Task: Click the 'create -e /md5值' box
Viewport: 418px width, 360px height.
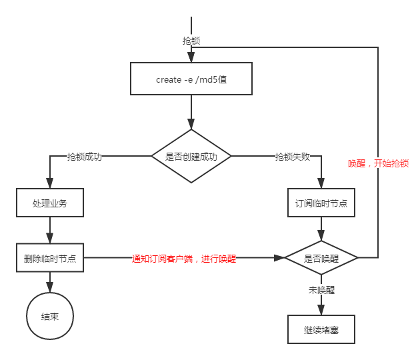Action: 191,79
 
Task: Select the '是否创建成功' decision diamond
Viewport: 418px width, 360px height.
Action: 191,157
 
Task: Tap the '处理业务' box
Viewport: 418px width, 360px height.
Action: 50,203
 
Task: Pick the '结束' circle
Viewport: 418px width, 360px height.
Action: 50,316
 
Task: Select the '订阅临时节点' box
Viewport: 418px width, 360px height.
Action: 321,203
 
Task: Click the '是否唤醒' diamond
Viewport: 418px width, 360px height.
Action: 321,257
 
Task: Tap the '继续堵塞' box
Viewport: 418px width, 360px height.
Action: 321,329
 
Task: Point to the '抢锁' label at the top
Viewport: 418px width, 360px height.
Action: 191,40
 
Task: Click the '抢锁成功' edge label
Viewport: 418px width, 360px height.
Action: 84,157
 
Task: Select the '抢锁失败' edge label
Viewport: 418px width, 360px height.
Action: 293,157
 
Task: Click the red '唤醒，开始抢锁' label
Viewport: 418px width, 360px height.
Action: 378,163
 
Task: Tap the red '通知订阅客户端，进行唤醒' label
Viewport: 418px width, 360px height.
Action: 184,259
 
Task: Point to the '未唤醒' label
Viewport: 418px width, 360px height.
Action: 321,290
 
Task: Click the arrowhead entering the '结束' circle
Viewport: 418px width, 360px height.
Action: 50,288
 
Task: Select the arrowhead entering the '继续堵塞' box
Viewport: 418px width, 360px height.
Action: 321,311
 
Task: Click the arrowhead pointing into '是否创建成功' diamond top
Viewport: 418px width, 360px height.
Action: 191,125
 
